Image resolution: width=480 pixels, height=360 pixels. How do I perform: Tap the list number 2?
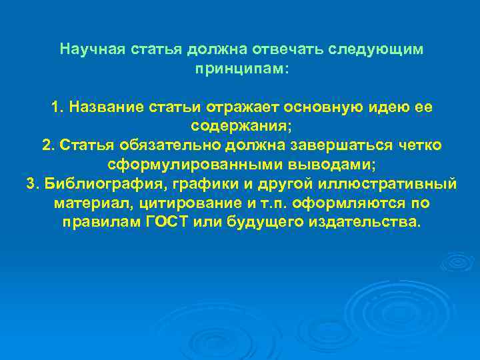click(x=48, y=145)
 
